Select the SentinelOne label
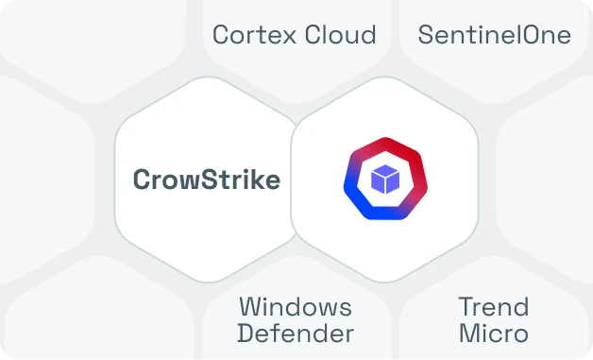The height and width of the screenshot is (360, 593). pyautogui.click(x=494, y=36)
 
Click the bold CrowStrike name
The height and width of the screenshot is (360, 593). pyautogui.click(x=207, y=180)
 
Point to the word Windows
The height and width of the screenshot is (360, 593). pyautogui.click(x=295, y=307)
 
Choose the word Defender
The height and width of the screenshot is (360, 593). pyautogui.click(x=295, y=334)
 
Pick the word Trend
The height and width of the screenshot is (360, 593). pyautogui.click(x=493, y=307)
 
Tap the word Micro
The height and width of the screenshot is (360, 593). pyautogui.click(x=493, y=334)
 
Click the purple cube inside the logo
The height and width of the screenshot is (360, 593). pyautogui.click(x=384, y=180)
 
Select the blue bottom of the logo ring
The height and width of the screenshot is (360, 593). pyautogui.click(x=384, y=214)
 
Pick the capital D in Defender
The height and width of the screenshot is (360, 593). pyautogui.click(x=245, y=334)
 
